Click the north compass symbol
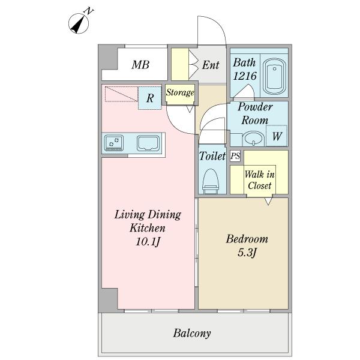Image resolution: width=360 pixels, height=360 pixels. point(79,23)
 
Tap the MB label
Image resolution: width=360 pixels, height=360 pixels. point(140,65)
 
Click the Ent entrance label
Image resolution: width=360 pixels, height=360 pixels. point(211,65)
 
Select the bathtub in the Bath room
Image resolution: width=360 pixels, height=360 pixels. point(275,76)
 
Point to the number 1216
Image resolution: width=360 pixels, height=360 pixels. point(245,76)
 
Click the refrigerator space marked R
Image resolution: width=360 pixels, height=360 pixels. point(149,98)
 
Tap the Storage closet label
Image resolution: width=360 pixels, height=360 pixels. point(180,92)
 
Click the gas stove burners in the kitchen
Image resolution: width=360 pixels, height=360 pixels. point(113,143)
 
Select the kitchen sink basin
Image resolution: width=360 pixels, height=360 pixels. point(148,143)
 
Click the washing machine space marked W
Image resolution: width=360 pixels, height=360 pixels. point(277,136)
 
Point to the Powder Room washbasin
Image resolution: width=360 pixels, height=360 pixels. point(253,139)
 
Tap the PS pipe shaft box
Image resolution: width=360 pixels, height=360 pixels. point(235,156)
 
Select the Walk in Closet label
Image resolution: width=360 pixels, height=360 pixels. point(260,180)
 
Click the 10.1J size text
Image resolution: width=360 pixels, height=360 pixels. point(148,242)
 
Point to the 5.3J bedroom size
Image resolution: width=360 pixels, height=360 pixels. point(247,253)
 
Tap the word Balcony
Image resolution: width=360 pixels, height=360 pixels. point(192,334)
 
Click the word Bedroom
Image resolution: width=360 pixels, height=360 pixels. point(247,239)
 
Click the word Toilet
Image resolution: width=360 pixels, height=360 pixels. point(212,156)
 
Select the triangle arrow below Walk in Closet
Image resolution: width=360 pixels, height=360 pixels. point(268,201)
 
